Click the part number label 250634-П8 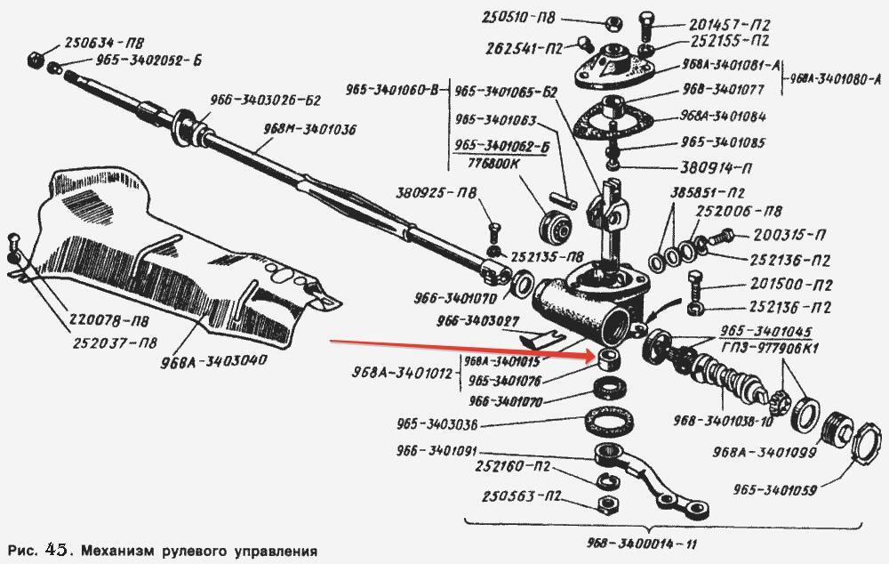(105, 42)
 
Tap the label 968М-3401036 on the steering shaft (308, 129)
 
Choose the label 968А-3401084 (723, 117)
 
